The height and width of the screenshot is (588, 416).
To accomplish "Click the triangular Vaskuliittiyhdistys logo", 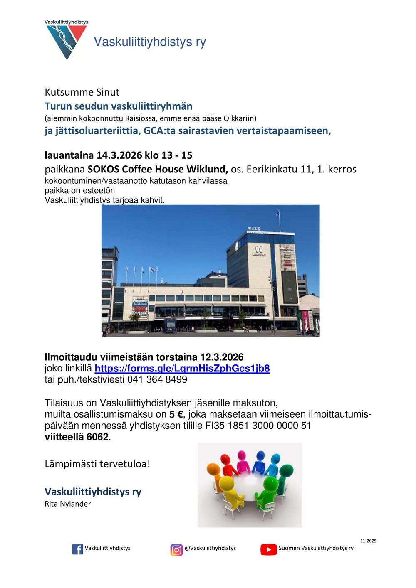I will click(x=66, y=41).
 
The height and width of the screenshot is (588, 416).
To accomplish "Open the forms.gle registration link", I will click(x=182, y=369).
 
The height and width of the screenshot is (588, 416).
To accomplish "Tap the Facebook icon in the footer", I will click(x=78, y=549).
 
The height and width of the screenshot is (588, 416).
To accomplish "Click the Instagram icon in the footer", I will click(x=176, y=549).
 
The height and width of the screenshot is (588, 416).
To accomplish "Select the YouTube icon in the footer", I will click(x=269, y=549).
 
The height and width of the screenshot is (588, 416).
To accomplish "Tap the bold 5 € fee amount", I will click(x=176, y=414).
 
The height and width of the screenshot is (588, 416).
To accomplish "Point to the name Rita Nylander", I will click(x=67, y=504).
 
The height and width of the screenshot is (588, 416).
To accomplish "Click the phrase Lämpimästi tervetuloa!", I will click(x=97, y=464).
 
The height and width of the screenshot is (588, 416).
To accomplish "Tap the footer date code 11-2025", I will click(x=368, y=541).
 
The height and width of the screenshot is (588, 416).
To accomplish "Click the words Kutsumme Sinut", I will click(x=82, y=92).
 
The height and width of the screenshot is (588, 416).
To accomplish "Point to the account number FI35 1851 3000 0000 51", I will click(x=258, y=426).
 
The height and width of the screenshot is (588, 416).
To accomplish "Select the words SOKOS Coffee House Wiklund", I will click(x=158, y=170).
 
